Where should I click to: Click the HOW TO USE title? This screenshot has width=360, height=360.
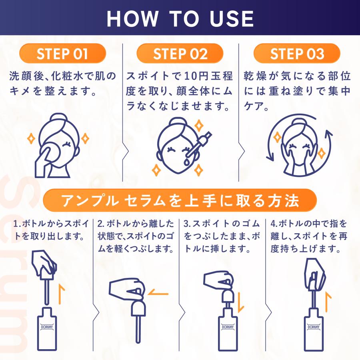[x=180, y=18]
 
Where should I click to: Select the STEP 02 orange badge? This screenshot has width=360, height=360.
[x=180, y=54]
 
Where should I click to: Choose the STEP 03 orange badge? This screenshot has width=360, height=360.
[x=297, y=54]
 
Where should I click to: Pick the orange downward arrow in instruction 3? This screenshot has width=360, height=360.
[x=240, y=303]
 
